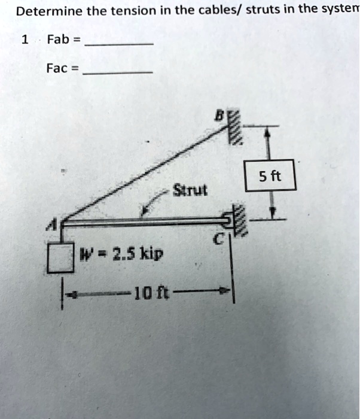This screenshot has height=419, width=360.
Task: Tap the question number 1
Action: [25, 40]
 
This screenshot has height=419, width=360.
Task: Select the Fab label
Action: [59, 40]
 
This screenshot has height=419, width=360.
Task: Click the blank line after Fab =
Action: [120, 45]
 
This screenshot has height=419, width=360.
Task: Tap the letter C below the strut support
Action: [219, 241]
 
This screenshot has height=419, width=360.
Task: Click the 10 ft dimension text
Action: [150, 292]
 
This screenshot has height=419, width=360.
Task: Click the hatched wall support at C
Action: [239, 221]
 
